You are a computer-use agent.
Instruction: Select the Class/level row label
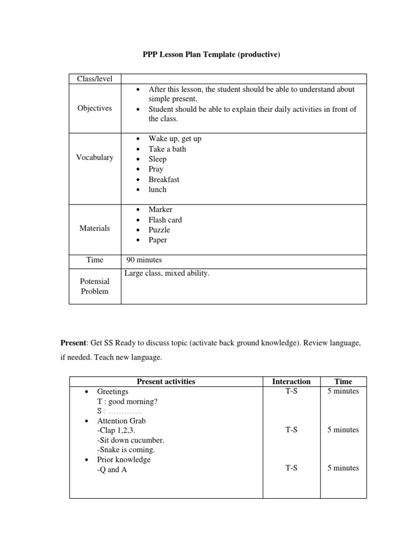coord(95,79)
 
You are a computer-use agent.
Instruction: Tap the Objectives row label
coord(95,108)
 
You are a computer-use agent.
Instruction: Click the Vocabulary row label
coord(95,157)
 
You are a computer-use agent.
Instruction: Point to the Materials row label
coord(95,228)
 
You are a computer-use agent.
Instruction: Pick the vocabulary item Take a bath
coord(167,149)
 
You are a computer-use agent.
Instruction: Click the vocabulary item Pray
coord(156,169)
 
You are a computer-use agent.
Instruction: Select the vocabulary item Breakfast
coord(164,179)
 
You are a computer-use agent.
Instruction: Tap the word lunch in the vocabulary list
coord(157,189)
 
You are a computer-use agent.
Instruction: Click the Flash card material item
coord(165,220)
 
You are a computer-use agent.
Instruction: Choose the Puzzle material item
coord(159,230)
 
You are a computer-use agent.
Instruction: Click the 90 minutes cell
coord(144,260)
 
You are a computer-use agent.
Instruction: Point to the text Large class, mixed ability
coord(167,273)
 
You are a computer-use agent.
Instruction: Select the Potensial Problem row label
coord(95,286)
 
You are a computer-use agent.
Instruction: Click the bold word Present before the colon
coord(72,342)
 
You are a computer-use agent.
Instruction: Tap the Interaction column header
coord(291,382)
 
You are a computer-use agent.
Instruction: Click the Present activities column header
coord(166,382)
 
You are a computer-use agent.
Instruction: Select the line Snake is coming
coord(127,450)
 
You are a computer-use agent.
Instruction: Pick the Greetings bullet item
coord(112,392)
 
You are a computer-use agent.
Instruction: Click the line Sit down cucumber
coord(131,440)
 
